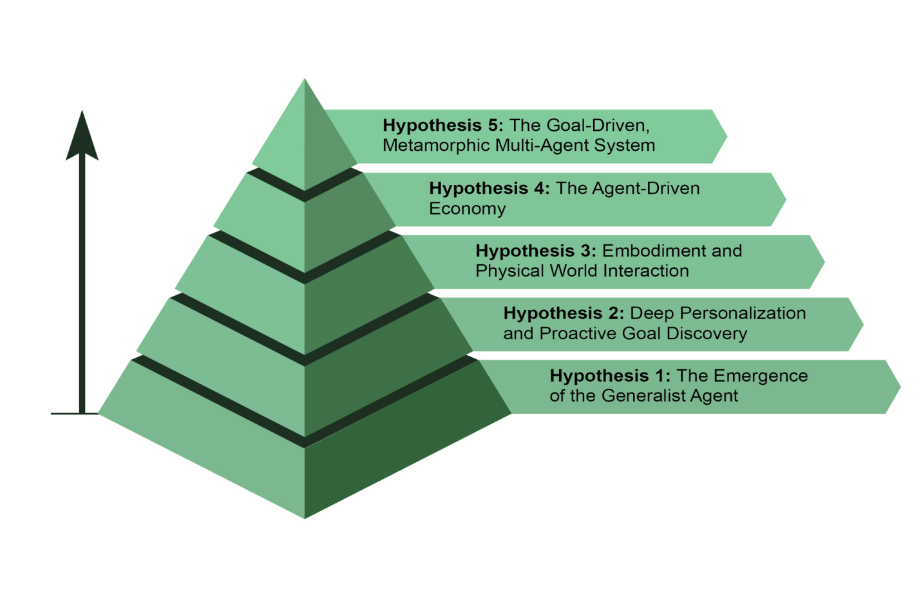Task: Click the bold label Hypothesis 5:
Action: (x=443, y=125)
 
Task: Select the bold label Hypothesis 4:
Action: (x=489, y=188)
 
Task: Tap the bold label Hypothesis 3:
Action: (x=536, y=251)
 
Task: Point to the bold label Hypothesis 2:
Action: (x=564, y=313)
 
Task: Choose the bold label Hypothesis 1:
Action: (x=610, y=376)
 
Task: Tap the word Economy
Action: (x=468, y=209)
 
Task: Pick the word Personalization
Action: (x=743, y=313)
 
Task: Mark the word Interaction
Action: (x=647, y=271)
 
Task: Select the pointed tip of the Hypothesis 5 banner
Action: (x=727, y=136)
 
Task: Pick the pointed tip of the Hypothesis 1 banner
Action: (x=900, y=387)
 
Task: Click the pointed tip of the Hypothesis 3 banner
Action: (x=824, y=262)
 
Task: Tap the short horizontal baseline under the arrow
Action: (x=75, y=414)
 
